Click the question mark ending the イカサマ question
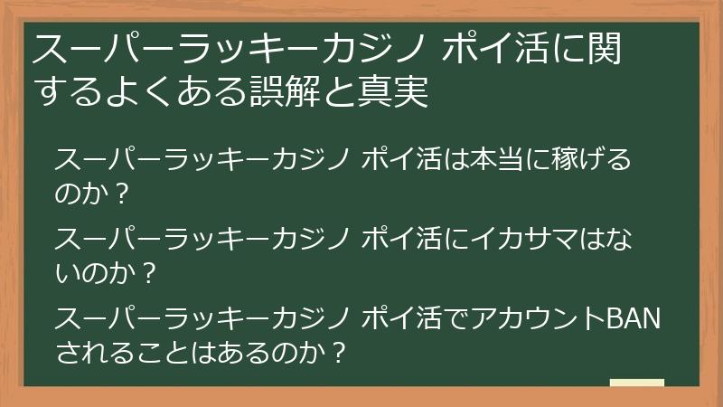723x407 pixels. (150, 271)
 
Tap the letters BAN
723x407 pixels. (632, 319)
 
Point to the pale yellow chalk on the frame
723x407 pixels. (637, 383)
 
